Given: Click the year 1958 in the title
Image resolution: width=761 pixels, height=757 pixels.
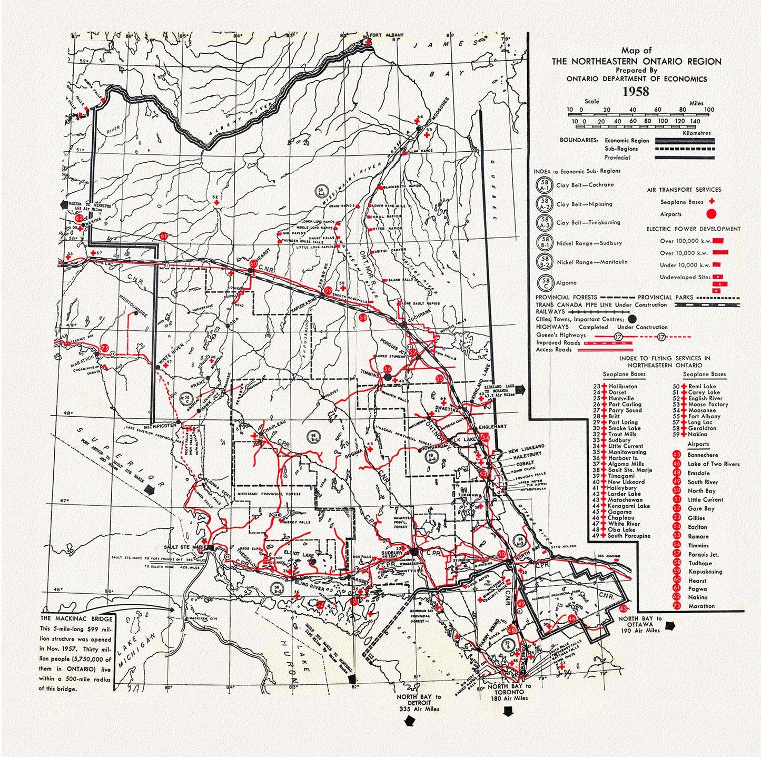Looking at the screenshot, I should click(636, 91).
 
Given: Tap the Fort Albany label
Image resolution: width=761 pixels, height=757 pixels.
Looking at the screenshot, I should click(387, 35).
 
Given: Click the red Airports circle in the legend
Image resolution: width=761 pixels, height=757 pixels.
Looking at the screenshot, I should click(711, 214).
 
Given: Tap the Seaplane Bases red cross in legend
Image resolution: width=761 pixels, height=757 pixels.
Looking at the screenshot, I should click(712, 201).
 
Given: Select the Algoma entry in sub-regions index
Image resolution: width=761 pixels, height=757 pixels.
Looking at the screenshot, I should click(566, 283).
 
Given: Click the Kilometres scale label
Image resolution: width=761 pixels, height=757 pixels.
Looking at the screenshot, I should click(696, 133).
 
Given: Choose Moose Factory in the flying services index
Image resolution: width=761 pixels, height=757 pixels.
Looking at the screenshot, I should click(708, 404).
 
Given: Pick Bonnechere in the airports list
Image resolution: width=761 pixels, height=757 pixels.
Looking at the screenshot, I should click(702, 455).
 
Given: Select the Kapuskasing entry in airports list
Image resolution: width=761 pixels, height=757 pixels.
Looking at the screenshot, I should click(705, 572).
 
